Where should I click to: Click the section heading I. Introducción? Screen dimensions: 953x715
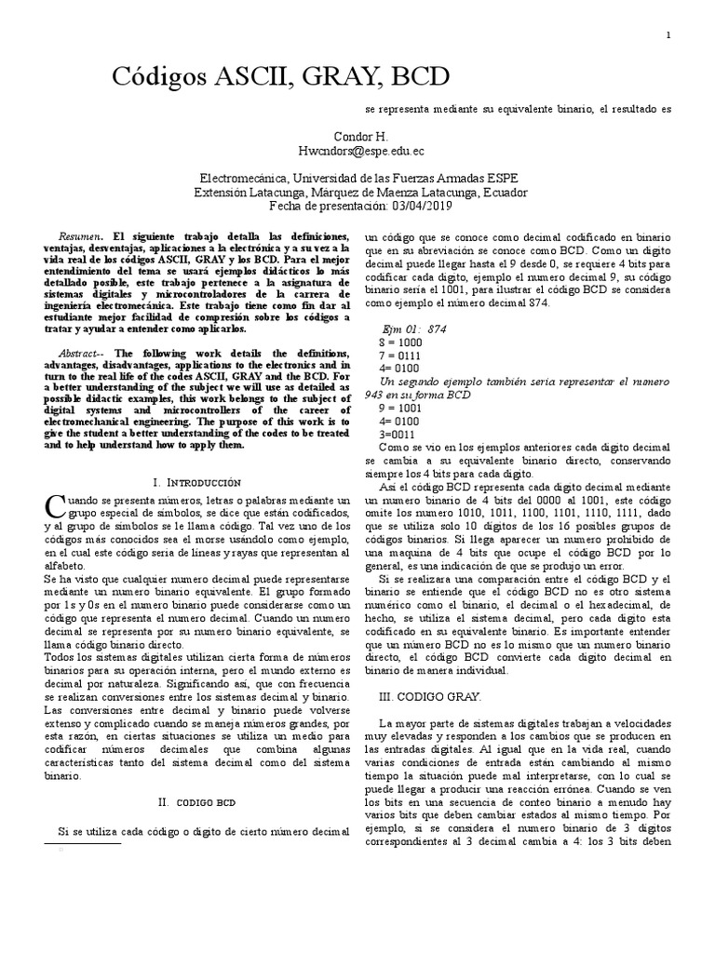point(196,482)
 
